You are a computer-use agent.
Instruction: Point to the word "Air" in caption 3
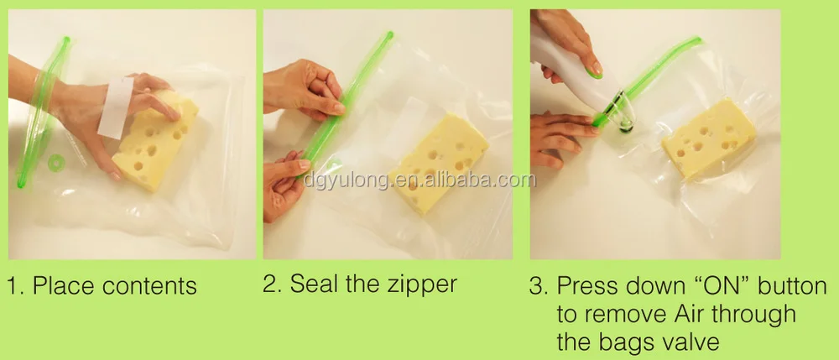point(688,315)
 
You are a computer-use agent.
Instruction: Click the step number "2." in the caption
point(272,284)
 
